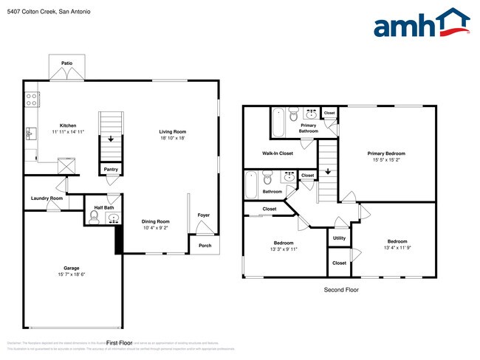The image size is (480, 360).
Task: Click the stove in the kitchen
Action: click(32, 98)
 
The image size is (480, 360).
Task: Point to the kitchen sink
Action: click(30, 134)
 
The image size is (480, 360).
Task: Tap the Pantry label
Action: click(111, 169)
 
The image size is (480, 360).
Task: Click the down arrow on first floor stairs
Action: click(111, 138)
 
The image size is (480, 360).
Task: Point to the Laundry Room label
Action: click(47, 198)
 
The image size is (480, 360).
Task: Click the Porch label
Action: click(205, 245)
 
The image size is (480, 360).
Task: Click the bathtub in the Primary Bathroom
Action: click(278, 122)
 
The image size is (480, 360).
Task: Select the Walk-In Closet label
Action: click(278, 153)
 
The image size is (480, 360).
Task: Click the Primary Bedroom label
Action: click(386, 153)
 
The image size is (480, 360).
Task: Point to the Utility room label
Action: click(339, 238)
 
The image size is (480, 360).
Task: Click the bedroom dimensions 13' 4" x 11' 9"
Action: click(397, 248)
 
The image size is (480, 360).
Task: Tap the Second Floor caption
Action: click(341, 290)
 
